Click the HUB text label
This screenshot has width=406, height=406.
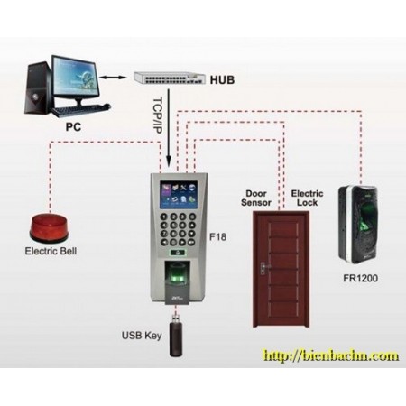pyautogui.click(x=222, y=80)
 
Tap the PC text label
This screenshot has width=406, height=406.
pyautogui.click(x=73, y=127)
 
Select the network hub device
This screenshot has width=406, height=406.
pyautogui.click(x=170, y=78)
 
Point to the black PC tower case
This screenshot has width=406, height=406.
pyautogui.click(x=38, y=88)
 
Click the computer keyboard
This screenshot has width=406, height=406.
pyautogui.click(x=80, y=110)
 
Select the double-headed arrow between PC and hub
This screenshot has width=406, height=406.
pyautogui.click(x=114, y=78)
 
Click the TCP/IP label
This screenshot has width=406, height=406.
pyautogui.click(x=158, y=115)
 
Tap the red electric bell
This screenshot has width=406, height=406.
pyautogui.click(x=49, y=228)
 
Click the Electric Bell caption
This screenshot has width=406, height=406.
pyautogui.click(x=51, y=251)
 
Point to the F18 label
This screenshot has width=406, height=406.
pyautogui.click(x=217, y=237)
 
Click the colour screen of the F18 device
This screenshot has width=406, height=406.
pyautogui.click(x=179, y=195)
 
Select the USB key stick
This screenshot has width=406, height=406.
pyautogui.click(x=176, y=336)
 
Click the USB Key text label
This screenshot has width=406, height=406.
pyautogui.click(x=142, y=336)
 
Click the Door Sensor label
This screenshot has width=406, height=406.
pyautogui.click(x=256, y=198)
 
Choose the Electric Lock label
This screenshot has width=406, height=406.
pyautogui.click(x=307, y=198)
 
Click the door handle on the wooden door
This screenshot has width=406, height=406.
pyautogui.click(x=263, y=268)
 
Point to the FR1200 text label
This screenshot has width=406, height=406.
pyautogui.click(x=361, y=278)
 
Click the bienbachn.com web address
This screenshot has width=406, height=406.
pyautogui.click(x=331, y=355)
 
